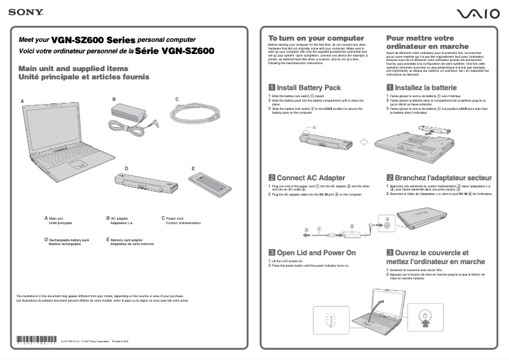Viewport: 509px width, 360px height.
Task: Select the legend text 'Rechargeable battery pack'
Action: coord(69,239)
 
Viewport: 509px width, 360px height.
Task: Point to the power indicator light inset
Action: coord(330,319)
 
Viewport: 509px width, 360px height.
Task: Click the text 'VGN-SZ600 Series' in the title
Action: coord(93,39)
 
